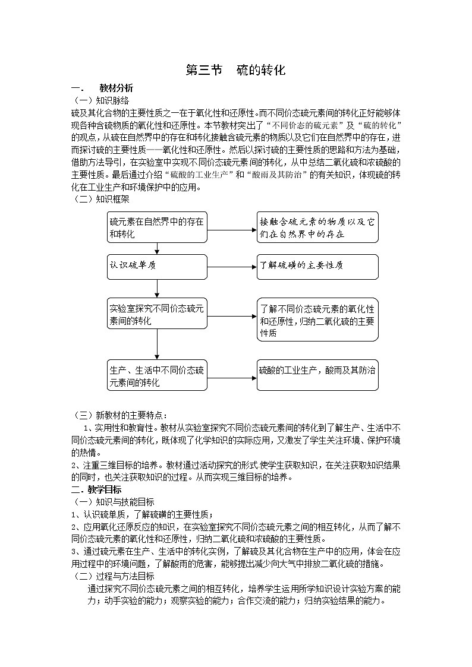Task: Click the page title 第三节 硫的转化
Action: pos(236,70)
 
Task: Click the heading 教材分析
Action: pos(116,88)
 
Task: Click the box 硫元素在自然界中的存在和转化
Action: pos(158,227)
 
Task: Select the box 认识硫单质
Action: pos(158,266)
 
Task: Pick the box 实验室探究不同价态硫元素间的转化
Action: pos(158,314)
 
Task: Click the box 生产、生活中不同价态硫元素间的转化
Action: pos(158,375)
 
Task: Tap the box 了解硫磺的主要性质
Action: pos(317,266)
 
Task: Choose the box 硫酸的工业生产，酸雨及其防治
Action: pos(317,375)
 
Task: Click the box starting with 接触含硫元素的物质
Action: pos(317,227)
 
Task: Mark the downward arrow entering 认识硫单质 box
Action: pos(158,248)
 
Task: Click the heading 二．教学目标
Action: pos(97,490)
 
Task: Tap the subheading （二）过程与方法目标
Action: pos(113,576)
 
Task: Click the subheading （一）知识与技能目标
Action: pos(113,502)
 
